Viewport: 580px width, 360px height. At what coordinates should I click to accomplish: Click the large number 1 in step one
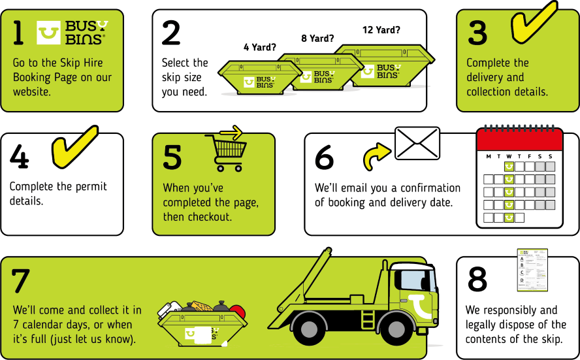click(18, 33)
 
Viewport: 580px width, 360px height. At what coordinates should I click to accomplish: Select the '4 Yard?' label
click(259, 47)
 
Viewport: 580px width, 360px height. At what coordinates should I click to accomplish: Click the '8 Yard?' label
click(317, 39)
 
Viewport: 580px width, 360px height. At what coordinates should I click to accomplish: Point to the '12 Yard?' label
click(381, 29)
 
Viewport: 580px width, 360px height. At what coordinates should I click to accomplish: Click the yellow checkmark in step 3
click(531, 22)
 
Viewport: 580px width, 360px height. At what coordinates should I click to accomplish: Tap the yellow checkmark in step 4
click(74, 145)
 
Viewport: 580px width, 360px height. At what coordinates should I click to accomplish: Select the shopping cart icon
click(225, 151)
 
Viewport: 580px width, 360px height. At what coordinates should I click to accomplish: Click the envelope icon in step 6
click(417, 143)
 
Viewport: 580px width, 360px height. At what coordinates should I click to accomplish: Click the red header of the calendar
click(519, 139)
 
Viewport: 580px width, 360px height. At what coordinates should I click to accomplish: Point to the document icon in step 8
click(532, 270)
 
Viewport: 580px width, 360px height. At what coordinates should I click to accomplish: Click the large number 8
click(477, 280)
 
